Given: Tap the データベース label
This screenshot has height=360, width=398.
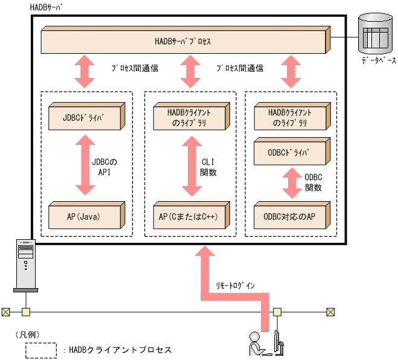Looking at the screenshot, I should point(379,61).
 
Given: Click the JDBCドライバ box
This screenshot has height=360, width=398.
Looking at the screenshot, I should point(85,117).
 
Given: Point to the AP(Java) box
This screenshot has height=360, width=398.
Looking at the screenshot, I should point(85,216).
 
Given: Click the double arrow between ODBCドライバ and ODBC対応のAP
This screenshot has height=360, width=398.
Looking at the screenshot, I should point(291,183).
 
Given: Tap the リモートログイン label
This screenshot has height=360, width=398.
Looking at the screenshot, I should point(236,284).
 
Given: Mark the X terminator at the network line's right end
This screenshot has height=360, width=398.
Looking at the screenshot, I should point(330,312).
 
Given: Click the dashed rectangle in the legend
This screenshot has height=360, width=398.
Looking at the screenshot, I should point(41,350).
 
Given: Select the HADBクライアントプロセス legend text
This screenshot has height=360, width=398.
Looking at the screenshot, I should point(120,350).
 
